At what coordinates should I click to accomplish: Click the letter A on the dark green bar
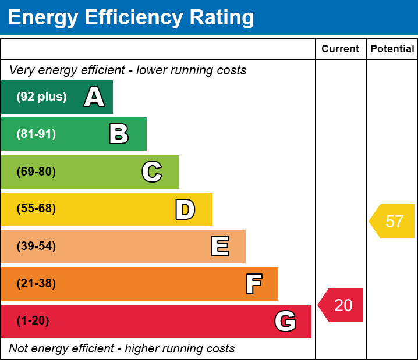pos(94,97)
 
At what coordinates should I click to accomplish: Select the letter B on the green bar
pos(119,134)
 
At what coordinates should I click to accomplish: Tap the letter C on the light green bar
pos(151,172)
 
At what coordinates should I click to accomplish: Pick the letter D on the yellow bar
pos(185,209)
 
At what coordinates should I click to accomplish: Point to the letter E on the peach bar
pos(219,247)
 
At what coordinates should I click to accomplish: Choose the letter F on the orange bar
pos(253,284)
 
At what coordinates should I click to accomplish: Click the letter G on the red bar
pos(285,321)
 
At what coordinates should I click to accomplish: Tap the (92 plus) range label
pos(41,97)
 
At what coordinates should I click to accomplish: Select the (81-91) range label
pos(36,134)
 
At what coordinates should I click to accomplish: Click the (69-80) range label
pos(36,172)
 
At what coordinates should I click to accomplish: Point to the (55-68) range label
pos(36,209)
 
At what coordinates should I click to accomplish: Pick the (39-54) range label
pos(36,247)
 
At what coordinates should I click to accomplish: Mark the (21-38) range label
pos(36,284)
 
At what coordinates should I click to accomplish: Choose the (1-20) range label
pos(33,321)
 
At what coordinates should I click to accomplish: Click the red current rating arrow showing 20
pos(342,305)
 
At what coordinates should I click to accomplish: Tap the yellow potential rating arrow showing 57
pos(393,222)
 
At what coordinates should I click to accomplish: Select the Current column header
pos(341,49)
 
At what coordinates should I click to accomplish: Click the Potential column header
pos(392,49)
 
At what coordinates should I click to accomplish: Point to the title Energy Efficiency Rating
pos(131,18)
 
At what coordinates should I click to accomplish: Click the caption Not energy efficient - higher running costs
pos(122,349)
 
